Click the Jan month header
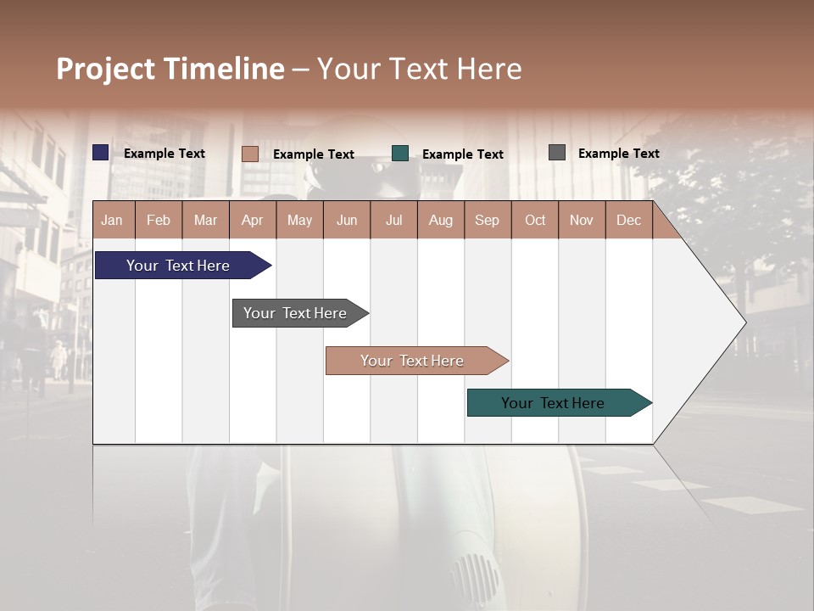(x=112, y=221)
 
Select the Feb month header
(x=159, y=221)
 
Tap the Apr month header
(x=252, y=221)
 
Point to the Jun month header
(x=347, y=221)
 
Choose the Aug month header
(x=440, y=221)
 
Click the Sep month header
(x=487, y=221)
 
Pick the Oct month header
(x=535, y=221)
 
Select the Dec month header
(x=628, y=221)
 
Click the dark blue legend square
(x=101, y=153)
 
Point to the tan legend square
(x=249, y=154)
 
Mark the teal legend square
(x=400, y=154)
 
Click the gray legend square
(x=557, y=153)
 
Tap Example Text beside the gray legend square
(x=618, y=154)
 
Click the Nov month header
(x=581, y=221)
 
